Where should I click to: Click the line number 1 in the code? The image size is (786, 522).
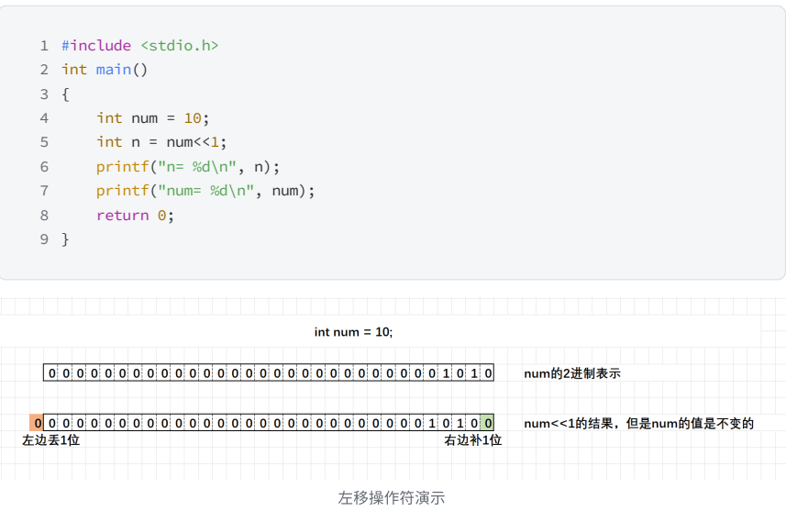[x=43, y=45]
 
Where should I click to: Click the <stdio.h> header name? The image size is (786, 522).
[x=180, y=45]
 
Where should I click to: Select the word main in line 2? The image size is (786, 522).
[x=114, y=70]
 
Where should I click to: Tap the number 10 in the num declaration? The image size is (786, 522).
[x=193, y=117]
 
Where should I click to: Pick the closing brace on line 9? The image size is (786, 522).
[x=65, y=239]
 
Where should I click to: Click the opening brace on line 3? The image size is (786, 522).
[x=65, y=94]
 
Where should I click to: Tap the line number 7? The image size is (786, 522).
[x=43, y=191]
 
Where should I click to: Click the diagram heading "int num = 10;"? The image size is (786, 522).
[x=353, y=332]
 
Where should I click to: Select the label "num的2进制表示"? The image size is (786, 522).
[x=572, y=373]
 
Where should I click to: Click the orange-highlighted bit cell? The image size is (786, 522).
[x=37, y=423]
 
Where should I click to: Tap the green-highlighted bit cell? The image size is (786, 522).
[x=488, y=423]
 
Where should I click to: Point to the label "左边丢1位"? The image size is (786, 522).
[x=51, y=441]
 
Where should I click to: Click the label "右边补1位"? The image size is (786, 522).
[x=473, y=441]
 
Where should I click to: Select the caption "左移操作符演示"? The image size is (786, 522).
[x=392, y=498]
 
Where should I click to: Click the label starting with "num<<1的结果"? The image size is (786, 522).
[x=638, y=423]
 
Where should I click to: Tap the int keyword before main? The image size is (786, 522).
[x=74, y=70]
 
